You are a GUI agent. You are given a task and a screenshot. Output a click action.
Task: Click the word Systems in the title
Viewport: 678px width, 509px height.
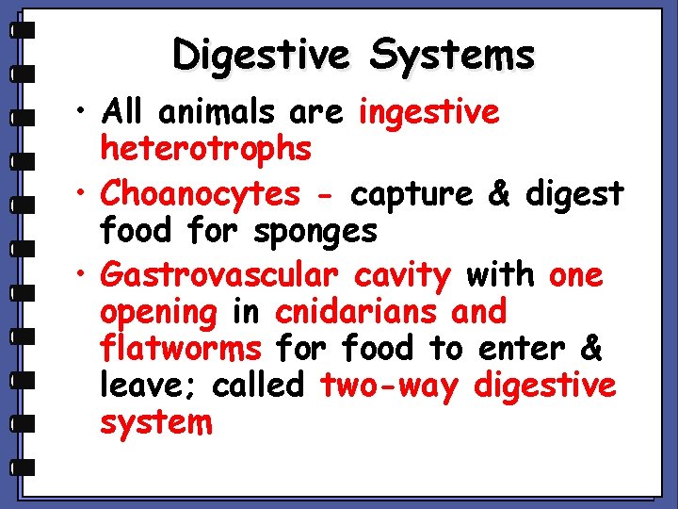click(x=452, y=57)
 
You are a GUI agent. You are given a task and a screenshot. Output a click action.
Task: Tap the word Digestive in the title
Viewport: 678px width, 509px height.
click(x=261, y=57)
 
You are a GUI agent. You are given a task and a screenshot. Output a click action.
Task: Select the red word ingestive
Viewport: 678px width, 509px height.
click(x=429, y=113)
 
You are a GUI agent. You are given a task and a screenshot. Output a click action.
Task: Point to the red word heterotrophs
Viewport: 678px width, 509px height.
click(x=206, y=148)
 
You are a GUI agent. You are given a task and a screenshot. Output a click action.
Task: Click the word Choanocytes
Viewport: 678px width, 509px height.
click(x=200, y=194)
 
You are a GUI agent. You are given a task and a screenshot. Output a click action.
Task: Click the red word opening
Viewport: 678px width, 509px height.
click(x=158, y=312)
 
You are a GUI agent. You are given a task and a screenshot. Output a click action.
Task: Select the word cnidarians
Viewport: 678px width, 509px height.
click(x=357, y=311)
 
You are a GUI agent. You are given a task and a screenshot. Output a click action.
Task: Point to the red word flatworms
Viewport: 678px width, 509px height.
click(x=181, y=348)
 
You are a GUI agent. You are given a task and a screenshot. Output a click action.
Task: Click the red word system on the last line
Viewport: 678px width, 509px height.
click(x=156, y=422)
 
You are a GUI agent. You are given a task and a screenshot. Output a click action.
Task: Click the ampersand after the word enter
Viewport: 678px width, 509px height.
click(x=591, y=348)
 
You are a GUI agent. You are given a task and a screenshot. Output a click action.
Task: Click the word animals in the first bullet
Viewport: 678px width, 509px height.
click(x=215, y=112)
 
